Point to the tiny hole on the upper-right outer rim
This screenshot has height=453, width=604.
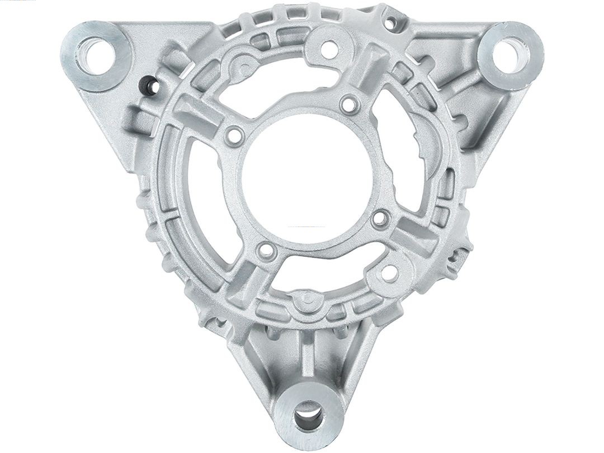pos(392,23)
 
